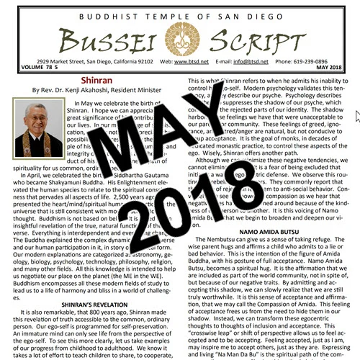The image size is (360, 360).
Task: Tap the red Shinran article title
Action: point(94,83)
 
